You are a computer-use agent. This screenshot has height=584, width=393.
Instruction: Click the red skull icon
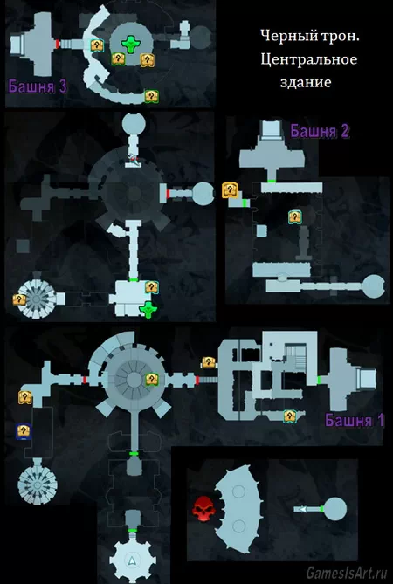coord(203,507)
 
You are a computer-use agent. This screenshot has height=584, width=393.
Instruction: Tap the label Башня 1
coord(355,420)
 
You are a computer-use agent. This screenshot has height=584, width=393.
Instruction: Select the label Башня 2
coord(320,131)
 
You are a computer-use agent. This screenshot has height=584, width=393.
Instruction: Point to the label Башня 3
coord(38,86)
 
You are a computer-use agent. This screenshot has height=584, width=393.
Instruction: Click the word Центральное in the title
coord(309,59)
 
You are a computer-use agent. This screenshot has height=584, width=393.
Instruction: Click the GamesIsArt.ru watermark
coord(347,573)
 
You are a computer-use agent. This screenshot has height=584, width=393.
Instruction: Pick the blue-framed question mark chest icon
coord(24,431)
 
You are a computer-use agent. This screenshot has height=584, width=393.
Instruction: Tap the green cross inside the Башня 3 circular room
coord(131,44)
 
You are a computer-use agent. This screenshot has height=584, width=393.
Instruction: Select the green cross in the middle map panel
coord(148,309)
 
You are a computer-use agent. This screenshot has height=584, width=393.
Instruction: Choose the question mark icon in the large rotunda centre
coord(152,380)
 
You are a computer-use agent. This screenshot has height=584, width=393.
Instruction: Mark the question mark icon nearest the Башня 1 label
coord(289,416)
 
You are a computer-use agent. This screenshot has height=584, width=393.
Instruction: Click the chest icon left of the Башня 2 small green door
coord(230,190)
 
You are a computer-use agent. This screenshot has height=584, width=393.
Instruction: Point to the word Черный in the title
coord(283,36)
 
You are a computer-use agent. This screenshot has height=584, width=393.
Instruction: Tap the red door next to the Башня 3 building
coord(58,44)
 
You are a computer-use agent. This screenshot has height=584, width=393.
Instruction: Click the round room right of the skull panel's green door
coord(335,508)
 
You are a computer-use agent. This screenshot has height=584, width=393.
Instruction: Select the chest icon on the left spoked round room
coord(19,299)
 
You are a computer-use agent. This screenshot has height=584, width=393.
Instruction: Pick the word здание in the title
coord(306,82)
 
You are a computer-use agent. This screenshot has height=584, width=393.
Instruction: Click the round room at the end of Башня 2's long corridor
coord(373,286)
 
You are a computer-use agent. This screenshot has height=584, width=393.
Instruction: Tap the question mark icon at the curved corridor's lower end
coord(152,96)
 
